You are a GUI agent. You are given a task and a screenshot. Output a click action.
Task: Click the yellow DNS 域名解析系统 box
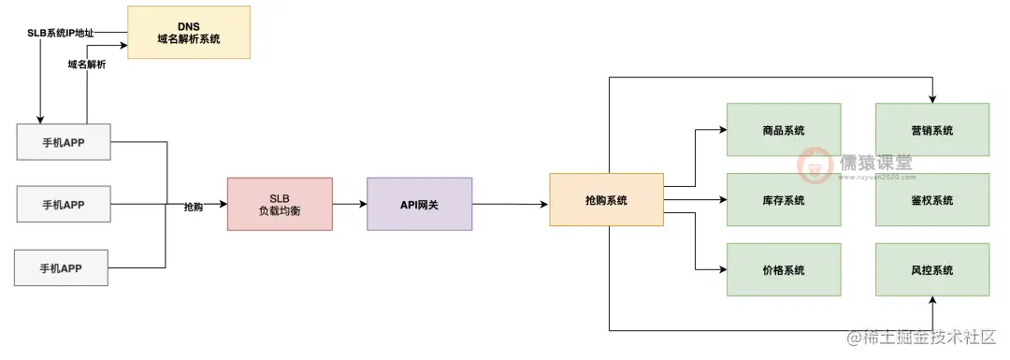[x=189, y=32]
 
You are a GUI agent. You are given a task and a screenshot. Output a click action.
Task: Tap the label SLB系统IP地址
[x=61, y=33]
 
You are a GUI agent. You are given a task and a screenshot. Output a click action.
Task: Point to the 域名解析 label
[x=86, y=65]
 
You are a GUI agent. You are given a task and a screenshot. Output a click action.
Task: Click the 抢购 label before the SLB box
[x=193, y=206]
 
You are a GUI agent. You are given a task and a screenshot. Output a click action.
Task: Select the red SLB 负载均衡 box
[x=280, y=204]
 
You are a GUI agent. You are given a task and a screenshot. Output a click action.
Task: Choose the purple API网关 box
[x=420, y=203]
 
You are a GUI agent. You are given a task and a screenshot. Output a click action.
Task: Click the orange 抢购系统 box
[x=606, y=199]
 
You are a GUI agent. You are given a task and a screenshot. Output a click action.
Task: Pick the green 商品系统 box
[x=784, y=130]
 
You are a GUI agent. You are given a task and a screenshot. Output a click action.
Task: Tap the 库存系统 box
[x=784, y=200]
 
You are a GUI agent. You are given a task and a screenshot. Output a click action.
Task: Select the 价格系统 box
[x=784, y=270]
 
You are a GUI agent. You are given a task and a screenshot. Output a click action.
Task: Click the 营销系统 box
[x=931, y=130]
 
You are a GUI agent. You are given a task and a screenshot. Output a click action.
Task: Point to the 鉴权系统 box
[x=931, y=200]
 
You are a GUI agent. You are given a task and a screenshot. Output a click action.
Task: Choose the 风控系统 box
[x=931, y=270]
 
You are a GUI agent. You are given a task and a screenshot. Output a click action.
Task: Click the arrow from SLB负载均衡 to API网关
[x=350, y=203]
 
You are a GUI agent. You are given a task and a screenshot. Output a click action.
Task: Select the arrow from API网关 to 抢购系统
[x=510, y=203]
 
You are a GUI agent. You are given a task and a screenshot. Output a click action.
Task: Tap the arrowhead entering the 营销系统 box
[x=932, y=98]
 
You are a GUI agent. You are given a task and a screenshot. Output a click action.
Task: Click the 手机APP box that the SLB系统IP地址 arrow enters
[x=63, y=143]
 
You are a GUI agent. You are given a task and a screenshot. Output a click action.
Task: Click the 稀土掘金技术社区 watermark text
[x=931, y=338]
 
